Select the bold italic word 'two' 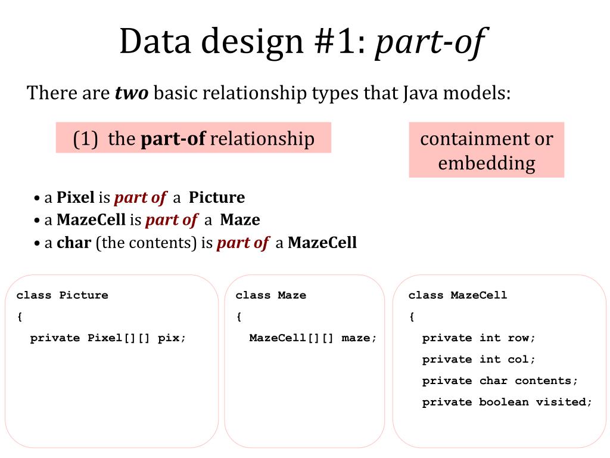132,93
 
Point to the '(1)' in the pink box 86,138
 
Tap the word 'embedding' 486,163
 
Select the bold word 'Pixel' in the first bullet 76,197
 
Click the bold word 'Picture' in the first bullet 217,197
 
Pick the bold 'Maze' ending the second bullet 240,219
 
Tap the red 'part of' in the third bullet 242,243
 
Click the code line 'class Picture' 63,295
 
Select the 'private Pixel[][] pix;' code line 108,338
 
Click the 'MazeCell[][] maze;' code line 313,338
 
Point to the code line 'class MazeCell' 457,295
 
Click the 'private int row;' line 479,338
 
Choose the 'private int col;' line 479,360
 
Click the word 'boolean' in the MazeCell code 503,402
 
